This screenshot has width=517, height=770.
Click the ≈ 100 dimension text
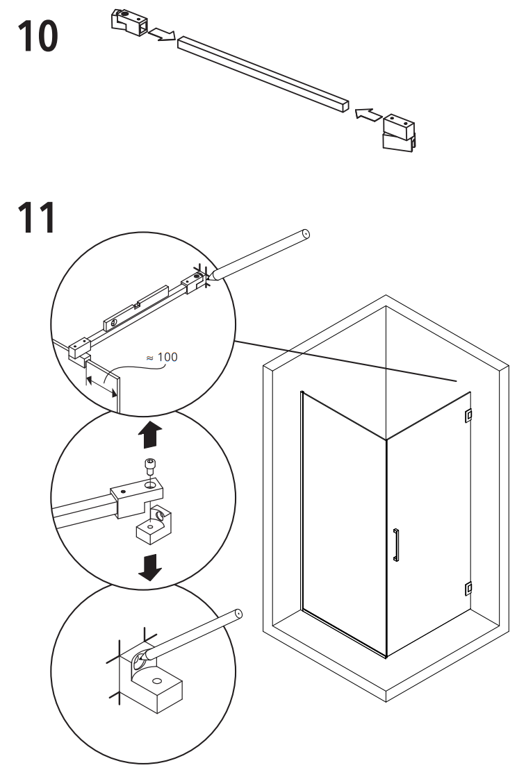pyautogui.click(x=161, y=357)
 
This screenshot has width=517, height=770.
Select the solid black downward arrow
pyautogui.click(x=149, y=567)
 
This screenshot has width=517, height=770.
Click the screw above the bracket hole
pyautogui.click(x=149, y=466)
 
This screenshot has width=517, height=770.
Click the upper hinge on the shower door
pyautogui.click(x=468, y=415)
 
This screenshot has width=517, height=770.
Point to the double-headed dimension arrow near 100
pyautogui.click(x=101, y=386)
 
